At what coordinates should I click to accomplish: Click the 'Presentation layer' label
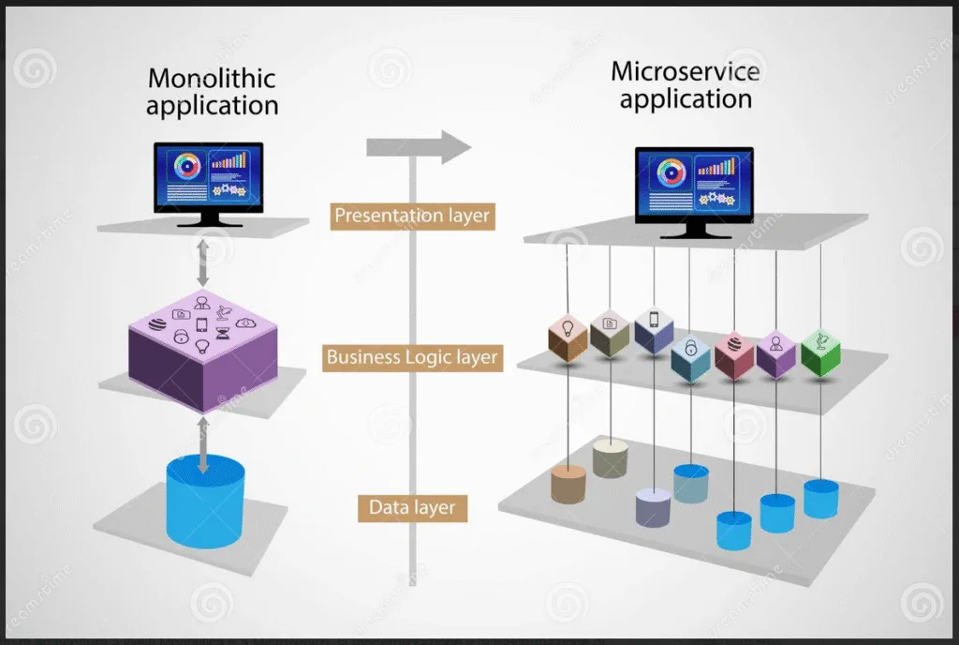[x=412, y=216]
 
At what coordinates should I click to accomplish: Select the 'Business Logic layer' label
[x=412, y=357]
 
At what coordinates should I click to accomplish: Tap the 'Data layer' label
[x=412, y=508]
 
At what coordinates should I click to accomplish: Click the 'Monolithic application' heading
[x=213, y=91]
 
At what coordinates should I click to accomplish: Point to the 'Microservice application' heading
[x=686, y=84]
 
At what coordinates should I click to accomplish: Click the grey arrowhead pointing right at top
[x=455, y=146]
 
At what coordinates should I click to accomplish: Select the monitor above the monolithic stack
[x=209, y=179]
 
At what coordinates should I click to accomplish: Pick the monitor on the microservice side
[x=694, y=184]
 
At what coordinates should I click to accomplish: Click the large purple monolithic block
[x=202, y=352]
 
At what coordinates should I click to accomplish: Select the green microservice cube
[x=820, y=352]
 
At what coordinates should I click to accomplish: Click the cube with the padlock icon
[x=690, y=357]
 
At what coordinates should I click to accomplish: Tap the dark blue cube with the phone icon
[x=654, y=330]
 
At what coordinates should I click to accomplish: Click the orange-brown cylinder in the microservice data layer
[x=568, y=484]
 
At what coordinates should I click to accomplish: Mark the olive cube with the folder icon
[x=610, y=333]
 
